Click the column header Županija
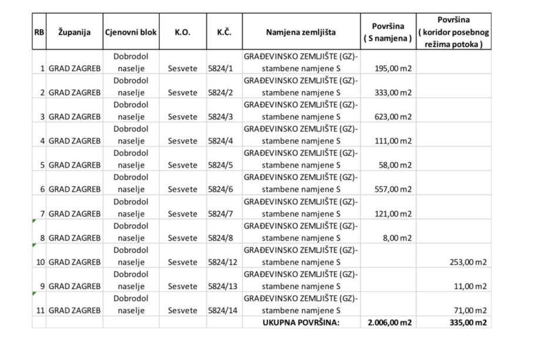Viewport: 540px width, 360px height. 74,32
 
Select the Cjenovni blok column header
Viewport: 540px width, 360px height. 130,32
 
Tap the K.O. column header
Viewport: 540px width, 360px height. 182,32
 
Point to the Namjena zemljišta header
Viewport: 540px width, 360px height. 301,32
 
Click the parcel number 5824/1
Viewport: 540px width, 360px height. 220,68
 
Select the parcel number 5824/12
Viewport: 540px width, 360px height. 222,262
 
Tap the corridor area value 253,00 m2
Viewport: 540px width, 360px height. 466,262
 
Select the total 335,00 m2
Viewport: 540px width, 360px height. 467,322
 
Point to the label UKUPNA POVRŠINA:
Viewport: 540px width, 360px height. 301,322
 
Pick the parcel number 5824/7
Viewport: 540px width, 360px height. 220,213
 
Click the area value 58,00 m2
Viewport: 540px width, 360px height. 395,165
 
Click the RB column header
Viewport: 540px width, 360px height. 39,32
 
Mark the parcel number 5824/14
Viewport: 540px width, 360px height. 222,310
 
